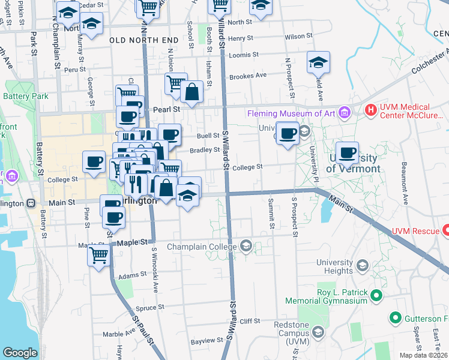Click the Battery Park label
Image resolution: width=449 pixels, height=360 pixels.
click(x=26, y=96)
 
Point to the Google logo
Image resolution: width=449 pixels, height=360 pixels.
click(x=19, y=353)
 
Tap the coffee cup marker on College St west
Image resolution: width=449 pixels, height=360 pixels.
click(x=94, y=161)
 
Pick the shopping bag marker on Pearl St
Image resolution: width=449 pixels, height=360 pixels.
click(x=191, y=92)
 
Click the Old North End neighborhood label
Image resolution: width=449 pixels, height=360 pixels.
click(x=144, y=40)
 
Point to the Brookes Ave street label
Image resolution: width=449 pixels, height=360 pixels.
click(x=247, y=76)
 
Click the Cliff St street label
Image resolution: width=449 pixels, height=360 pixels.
click(x=249, y=321)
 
